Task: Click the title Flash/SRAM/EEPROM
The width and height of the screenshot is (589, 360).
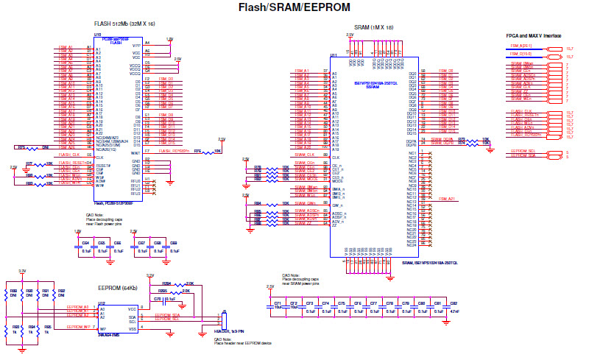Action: (294, 7)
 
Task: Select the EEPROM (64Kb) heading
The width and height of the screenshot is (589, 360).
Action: (118, 289)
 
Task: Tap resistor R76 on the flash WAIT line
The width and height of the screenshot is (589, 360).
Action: (198, 151)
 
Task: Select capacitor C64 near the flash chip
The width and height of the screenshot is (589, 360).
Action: (86, 243)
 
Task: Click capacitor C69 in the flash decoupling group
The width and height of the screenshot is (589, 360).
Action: (174, 243)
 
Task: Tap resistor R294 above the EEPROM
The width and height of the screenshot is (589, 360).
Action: (167, 283)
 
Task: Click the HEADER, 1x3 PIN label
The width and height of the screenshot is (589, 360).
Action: (228, 333)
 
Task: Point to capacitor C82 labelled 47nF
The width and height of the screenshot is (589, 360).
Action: (454, 303)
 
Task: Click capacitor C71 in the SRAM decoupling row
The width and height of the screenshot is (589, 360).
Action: (278, 303)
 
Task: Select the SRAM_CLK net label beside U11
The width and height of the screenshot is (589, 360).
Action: (305, 155)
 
